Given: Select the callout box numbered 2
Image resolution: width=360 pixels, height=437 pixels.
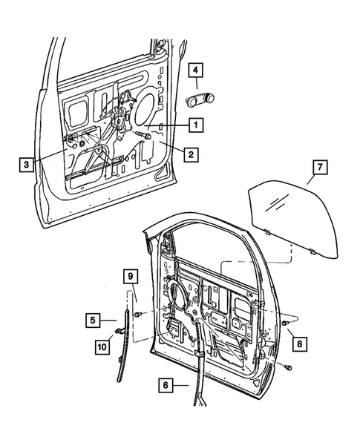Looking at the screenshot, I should click(x=192, y=155).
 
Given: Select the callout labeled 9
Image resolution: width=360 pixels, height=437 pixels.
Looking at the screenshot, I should click(x=131, y=278).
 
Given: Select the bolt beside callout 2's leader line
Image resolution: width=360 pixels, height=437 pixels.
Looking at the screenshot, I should click(x=145, y=136).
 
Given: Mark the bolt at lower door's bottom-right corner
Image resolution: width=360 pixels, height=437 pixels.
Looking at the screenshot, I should click(x=288, y=367).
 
